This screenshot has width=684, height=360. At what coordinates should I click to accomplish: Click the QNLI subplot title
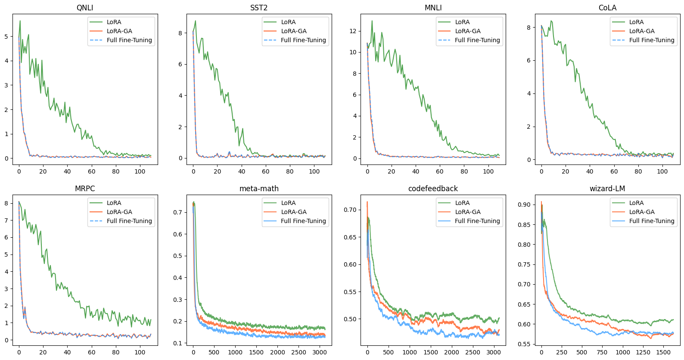tap(85, 8)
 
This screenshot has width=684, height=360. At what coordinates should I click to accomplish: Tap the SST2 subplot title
tap(259, 8)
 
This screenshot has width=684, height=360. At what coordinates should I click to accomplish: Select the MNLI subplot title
tap(433, 8)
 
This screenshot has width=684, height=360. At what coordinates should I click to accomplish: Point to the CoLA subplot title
tap(607, 8)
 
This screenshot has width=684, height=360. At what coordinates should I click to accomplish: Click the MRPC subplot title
tap(85, 189)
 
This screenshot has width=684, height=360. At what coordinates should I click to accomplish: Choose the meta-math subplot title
tap(259, 189)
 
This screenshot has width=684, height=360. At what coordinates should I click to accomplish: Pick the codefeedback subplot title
tap(433, 189)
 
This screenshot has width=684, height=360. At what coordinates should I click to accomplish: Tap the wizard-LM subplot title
tap(607, 189)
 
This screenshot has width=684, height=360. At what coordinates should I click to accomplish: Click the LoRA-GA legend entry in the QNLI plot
tap(119, 31)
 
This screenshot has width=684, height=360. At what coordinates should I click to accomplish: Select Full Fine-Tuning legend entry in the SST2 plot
tap(303, 40)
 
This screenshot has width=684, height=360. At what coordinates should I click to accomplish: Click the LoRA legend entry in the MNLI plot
tap(462, 22)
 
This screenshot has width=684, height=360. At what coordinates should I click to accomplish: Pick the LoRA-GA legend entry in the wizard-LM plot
tap(642, 212)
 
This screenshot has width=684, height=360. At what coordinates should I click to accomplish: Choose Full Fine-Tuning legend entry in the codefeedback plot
tap(477, 221)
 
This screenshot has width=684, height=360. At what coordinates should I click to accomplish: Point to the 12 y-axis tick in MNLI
tap(353, 31)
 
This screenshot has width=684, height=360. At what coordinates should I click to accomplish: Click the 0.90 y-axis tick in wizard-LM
tap(524, 205)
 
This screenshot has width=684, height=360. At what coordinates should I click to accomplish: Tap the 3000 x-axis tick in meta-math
tap(320, 352)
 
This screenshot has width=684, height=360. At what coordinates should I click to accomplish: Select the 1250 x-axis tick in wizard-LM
tap(643, 352)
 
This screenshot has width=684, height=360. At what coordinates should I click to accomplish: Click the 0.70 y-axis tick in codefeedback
tap(350, 210)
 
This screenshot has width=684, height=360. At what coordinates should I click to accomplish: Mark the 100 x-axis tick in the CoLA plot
tap(662, 171)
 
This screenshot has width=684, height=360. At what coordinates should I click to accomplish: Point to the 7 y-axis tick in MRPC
tap(6, 220)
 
